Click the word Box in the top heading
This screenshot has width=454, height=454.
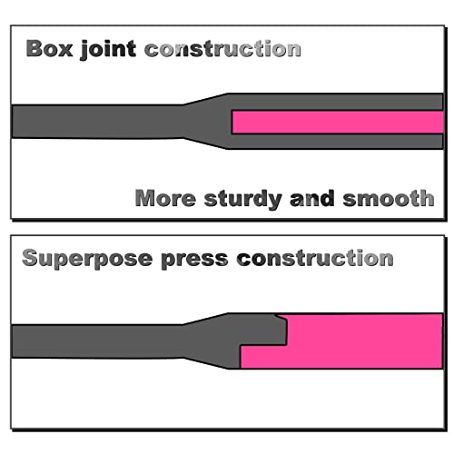[x=49, y=48]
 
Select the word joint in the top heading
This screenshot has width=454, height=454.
[x=108, y=49]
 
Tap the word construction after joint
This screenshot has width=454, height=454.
[x=222, y=49]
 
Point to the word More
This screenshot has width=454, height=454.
[x=165, y=198]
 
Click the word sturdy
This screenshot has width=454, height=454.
[x=243, y=199]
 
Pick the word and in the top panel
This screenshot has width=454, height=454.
[x=312, y=198]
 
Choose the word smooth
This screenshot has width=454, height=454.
[x=389, y=198]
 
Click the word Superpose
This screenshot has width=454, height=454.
[x=87, y=259]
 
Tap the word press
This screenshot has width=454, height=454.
[x=194, y=260]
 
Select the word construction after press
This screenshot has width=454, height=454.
[x=315, y=258]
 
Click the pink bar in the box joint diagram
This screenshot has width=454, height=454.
[x=338, y=122]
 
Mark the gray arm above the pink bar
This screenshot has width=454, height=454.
[x=336, y=102]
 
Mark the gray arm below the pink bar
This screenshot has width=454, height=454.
[x=336, y=142]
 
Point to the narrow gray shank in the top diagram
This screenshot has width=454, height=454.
[x=97, y=122]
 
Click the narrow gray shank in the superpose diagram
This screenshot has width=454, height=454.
[x=97, y=341]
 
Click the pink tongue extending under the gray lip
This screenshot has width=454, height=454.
[x=263, y=357]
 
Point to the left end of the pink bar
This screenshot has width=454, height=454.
[x=232, y=122]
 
